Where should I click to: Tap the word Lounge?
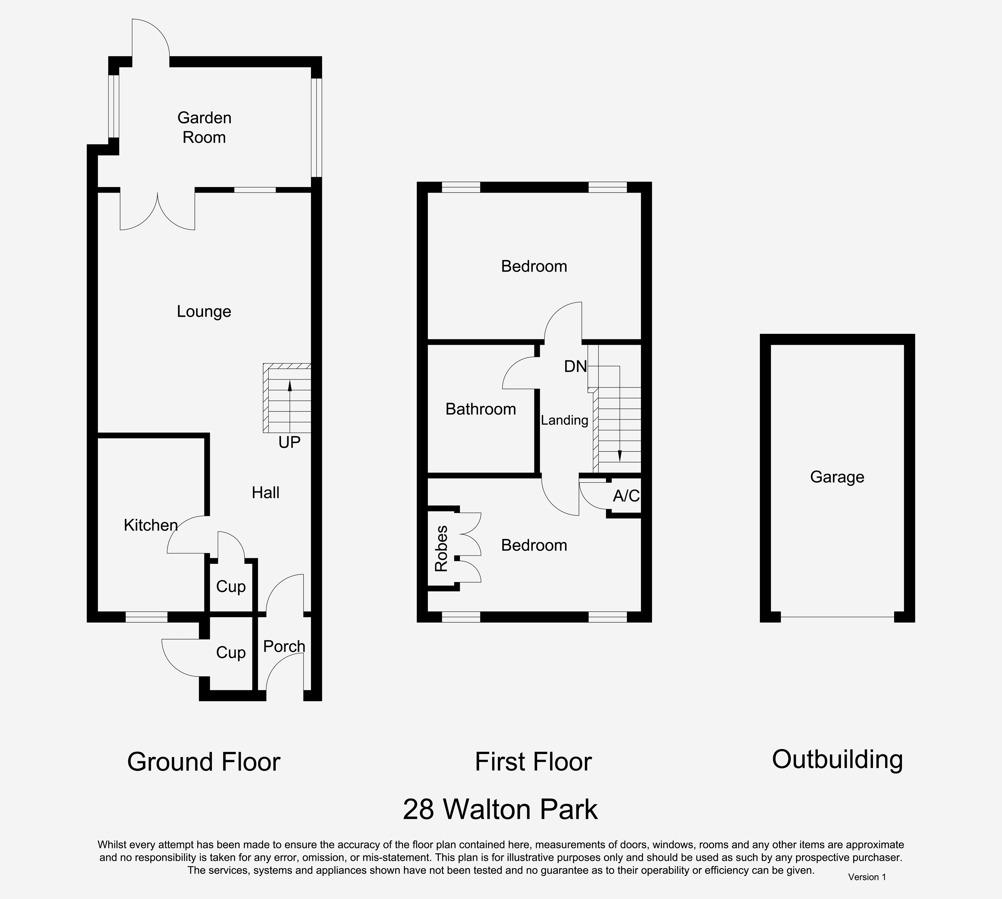204,312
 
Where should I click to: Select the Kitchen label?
151,525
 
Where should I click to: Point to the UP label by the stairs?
289,442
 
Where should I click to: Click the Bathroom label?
481,409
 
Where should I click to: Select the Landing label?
565,420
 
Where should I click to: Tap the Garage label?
837,477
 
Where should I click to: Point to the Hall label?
266,492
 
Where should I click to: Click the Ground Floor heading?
203,762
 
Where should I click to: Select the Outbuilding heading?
837,760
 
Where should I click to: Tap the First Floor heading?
533,762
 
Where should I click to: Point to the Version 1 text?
867,877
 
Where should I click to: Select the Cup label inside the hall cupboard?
231,587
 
